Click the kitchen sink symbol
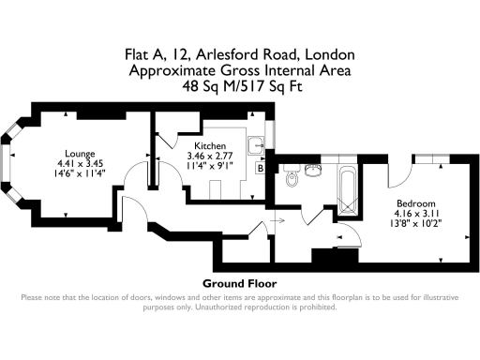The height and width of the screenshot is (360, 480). [x=255, y=146]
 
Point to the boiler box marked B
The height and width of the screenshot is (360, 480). [x=261, y=169]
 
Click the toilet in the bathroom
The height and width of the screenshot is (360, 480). [x=292, y=176]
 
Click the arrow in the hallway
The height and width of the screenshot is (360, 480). [x=276, y=218]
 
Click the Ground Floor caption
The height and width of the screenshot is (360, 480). [x=239, y=283]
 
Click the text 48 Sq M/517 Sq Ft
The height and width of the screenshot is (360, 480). [x=240, y=85]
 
